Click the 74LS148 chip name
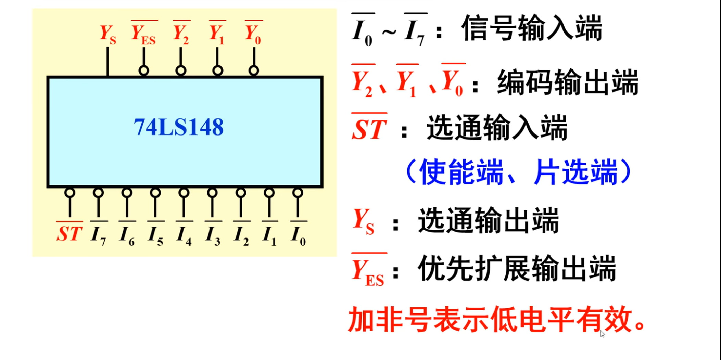tap(178, 127)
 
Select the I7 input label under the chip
tap(99, 235)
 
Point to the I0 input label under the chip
tap(298, 235)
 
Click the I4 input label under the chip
tap(184, 235)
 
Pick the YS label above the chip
tap(108, 35)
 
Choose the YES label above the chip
tap(144, 35)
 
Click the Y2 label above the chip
tap(181, 34)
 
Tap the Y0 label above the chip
tap(253, 34)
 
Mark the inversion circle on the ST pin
tap(70, 193)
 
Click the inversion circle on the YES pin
tap(144, 70)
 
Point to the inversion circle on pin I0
tap(298, 193)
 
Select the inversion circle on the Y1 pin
tap(217, 70)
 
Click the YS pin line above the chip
tap(107, 62)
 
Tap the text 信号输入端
tap(532, 28)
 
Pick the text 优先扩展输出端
tap(517, 268)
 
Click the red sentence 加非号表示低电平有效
tap(496, 320)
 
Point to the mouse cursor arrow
tap(602, 334)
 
